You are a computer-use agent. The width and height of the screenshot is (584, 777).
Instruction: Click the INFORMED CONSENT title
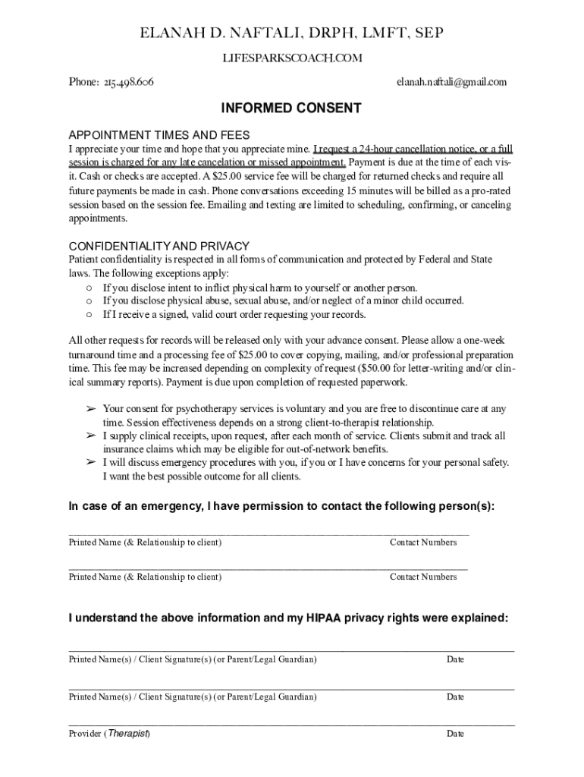(x=291, y=109)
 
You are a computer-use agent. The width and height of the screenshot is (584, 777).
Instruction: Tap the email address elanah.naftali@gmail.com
(x=451, y=82)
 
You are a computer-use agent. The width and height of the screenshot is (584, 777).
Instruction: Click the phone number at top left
(x=111, y=82)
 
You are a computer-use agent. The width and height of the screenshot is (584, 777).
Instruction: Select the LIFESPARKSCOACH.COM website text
(x=292, y=58)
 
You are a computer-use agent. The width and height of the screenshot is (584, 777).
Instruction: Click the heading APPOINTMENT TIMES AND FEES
(x=159, y=134)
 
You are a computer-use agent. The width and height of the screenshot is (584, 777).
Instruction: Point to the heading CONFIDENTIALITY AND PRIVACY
(x=159, y=246)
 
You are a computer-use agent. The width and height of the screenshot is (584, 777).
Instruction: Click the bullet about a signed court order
(x=234, y=314)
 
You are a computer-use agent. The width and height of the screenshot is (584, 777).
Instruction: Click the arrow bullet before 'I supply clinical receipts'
(x=90, y=436)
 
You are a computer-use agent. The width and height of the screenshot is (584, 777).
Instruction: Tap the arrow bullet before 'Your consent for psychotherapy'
(x=90, y=409)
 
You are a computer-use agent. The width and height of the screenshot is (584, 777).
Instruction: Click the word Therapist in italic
(x=128, y=734)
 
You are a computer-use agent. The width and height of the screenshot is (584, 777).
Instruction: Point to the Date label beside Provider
(x=455, y=734)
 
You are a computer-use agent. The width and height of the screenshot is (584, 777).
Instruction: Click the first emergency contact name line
(x=220, y=534)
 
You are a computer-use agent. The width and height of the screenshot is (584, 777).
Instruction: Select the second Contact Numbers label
(x=423, y=577)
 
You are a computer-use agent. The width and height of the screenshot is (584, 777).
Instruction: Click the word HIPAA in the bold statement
(x=325, y=618)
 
